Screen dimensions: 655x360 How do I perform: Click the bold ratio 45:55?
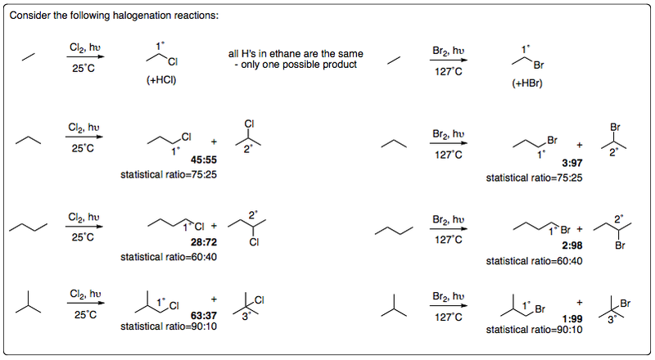coord(204,160)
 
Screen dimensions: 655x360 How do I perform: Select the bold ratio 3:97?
coord(571,163)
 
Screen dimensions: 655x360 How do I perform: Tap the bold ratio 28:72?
coord(204,242)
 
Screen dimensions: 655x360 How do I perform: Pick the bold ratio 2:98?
coord(571,245)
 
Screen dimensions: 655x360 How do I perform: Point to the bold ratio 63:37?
coord(204,315)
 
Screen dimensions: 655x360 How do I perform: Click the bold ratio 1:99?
coord(571,318)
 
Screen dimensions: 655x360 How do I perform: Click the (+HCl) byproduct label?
coord(161,80)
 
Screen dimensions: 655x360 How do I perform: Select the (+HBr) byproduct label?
coord(527,83)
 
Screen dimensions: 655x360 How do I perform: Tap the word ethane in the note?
coord(290,54)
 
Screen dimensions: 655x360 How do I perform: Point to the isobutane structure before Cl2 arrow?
coord(29,302)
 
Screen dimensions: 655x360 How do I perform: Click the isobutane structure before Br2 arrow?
coord(394,305)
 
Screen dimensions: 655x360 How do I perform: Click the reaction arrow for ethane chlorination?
coord(85,56)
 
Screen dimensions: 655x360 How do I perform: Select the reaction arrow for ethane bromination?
coord(449,61)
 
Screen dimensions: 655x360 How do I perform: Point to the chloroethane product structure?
coord(162,58)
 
